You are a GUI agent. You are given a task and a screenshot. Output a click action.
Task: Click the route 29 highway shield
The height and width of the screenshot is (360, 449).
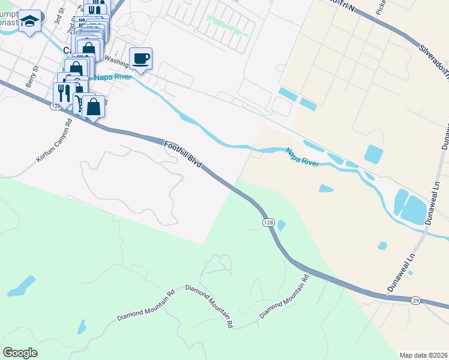pos(415,299)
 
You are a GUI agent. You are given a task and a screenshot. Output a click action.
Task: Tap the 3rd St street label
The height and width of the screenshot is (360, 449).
pos(58,17)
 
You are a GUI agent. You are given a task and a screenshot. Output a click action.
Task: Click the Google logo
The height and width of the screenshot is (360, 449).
pos(20,353)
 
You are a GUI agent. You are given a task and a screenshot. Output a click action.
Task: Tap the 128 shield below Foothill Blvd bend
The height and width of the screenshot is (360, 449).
pos(268,223)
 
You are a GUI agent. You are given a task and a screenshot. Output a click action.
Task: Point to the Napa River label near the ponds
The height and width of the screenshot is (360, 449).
pos(301,157)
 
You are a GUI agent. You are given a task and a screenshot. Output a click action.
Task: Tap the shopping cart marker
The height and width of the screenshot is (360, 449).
pos(79,104)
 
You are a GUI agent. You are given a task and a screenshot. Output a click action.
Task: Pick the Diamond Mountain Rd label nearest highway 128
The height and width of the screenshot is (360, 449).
pos(284,297)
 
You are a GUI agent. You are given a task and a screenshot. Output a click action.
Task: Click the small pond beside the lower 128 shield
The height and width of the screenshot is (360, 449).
pos(281,226)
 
